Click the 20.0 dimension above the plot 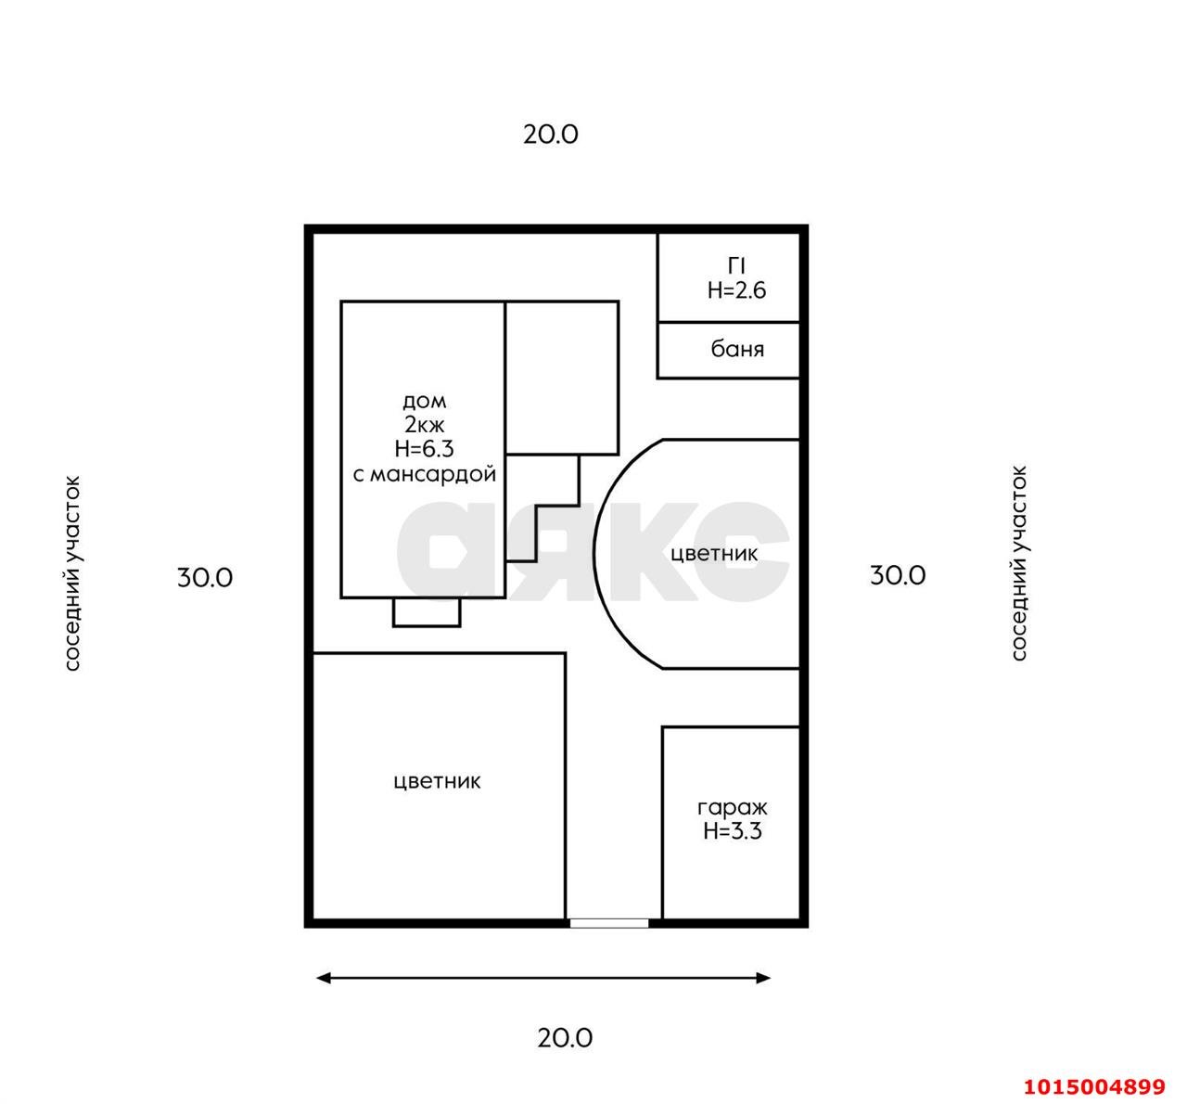pos(551,135)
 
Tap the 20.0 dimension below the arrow pos(565,1038)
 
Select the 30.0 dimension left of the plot pos(205,578)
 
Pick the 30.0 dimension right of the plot pos(898,575)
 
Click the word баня pos(737,349)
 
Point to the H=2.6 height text pos(736,290)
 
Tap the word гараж pos(733,809)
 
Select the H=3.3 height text pos(733,831)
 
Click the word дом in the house pos(425,402)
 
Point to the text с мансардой pos(425,474)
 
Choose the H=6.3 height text pos(425,448)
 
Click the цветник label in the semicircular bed pos(714,554)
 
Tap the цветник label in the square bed pos(437,782)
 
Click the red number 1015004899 pos(1095,1085)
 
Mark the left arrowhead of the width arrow pos(323,979)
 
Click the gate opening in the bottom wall pos(609,923)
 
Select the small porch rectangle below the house pos(427,612)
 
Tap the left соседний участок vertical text pos(72,573)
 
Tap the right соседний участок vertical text pos(1019,563)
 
